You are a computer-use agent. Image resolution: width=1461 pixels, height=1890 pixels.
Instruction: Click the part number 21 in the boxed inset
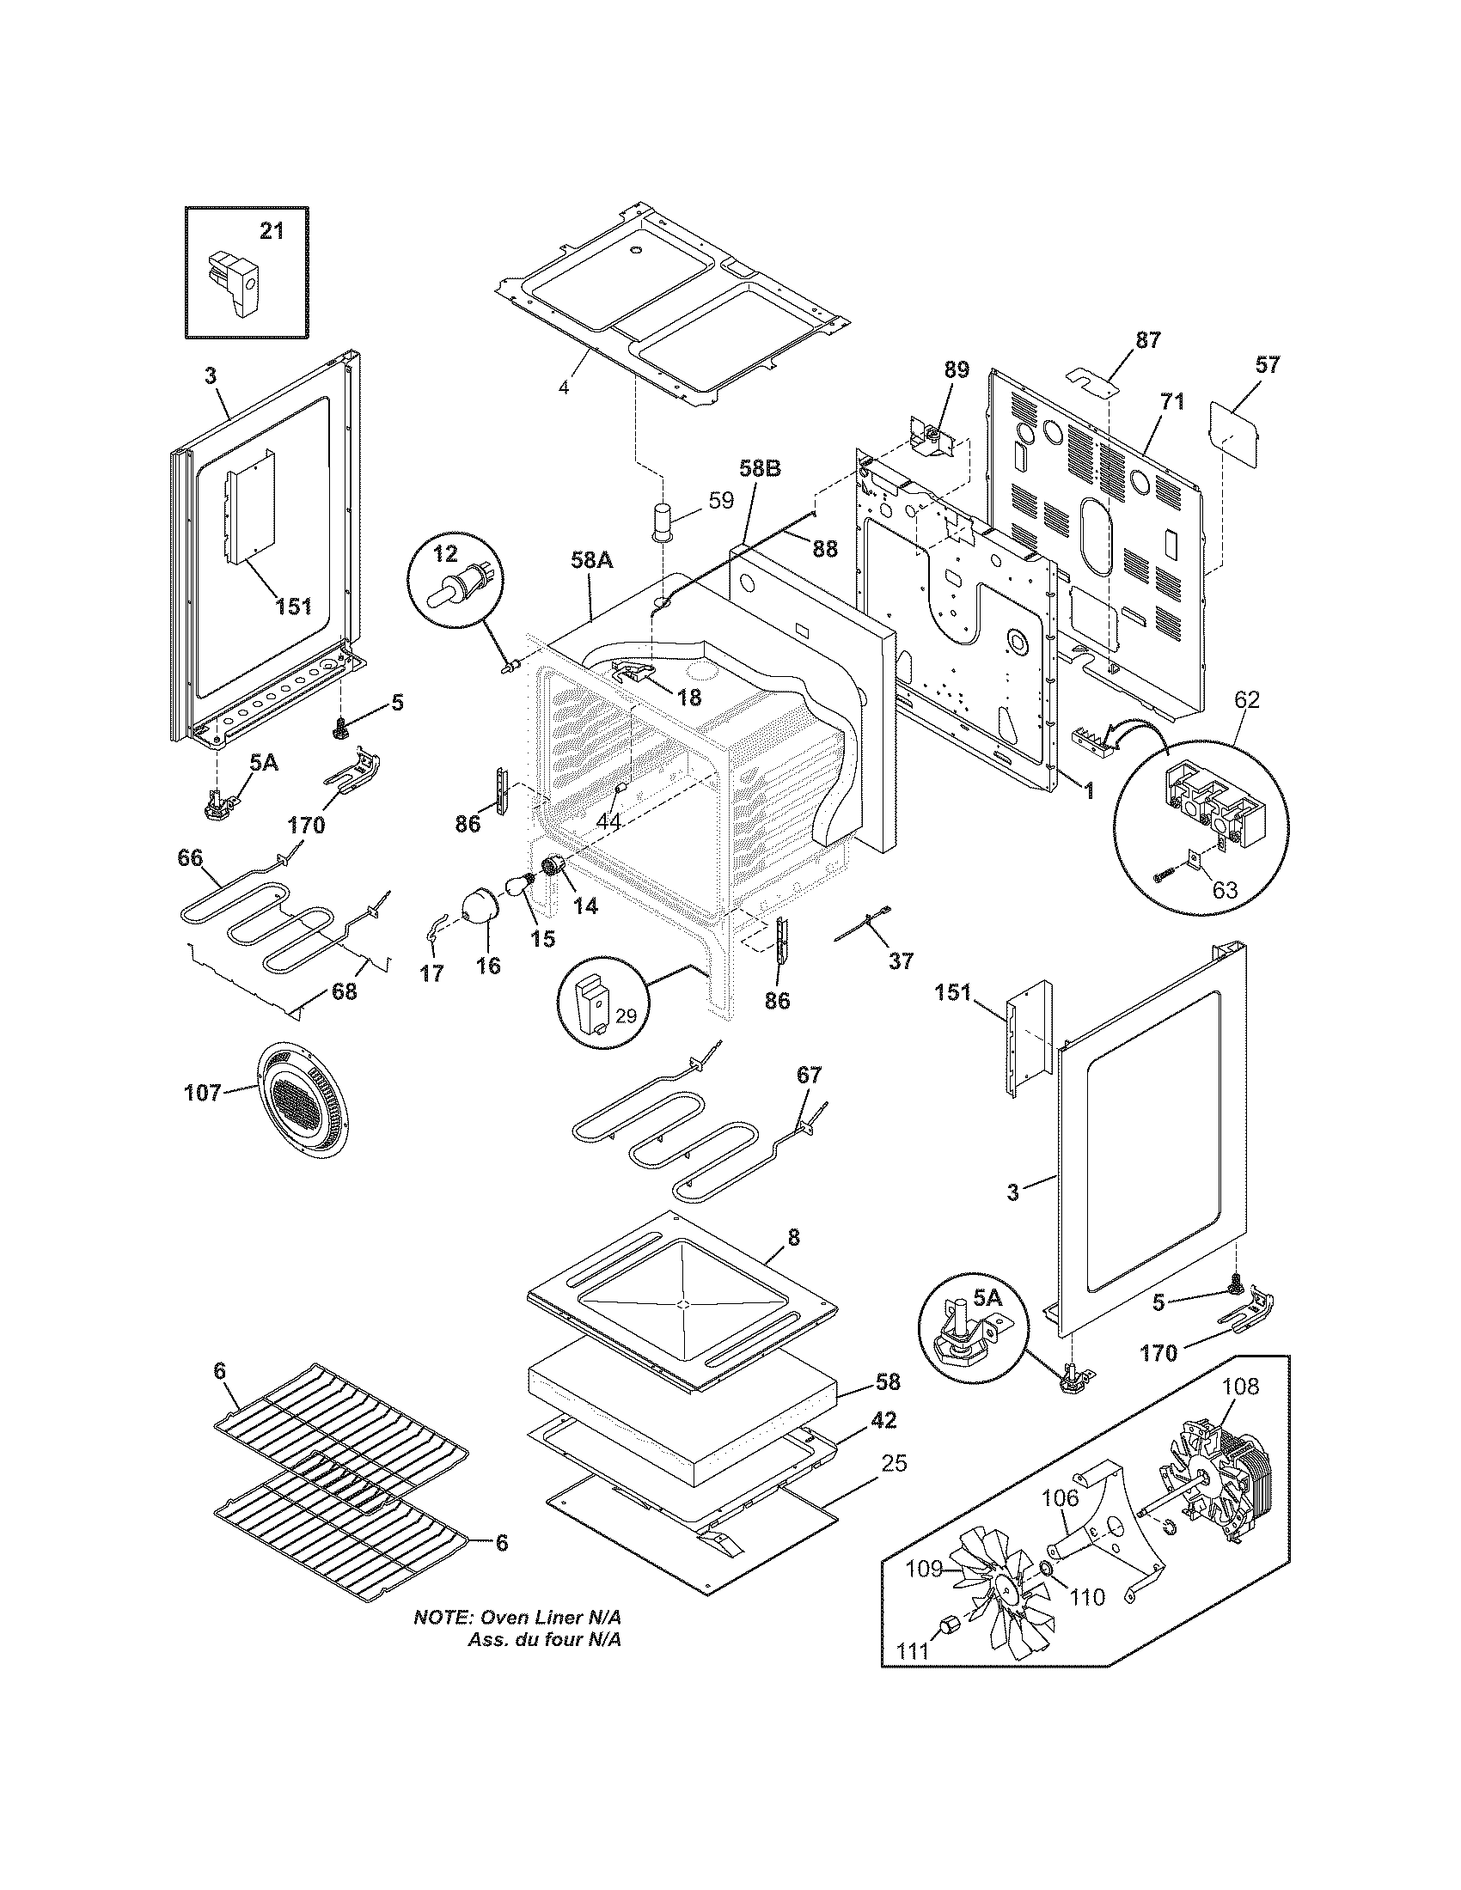tap(272, 231)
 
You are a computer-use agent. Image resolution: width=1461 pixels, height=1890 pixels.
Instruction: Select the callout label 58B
tap(760, 468)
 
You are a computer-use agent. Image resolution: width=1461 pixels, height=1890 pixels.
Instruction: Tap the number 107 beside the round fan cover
tap(203, 1093)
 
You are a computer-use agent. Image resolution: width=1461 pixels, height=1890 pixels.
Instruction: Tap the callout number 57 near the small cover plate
tap(1266, 364)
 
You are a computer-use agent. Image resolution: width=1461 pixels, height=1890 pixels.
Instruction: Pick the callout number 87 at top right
tap(1146, 340)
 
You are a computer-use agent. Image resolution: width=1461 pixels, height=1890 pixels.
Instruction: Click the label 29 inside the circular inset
tap(625, 1016)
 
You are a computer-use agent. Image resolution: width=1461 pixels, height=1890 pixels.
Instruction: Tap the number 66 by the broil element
tap(190, 857)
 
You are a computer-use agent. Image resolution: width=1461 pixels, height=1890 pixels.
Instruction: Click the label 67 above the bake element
tap(809, 1076)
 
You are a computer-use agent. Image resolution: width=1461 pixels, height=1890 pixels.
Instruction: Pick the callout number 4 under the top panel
tap(564, 387)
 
